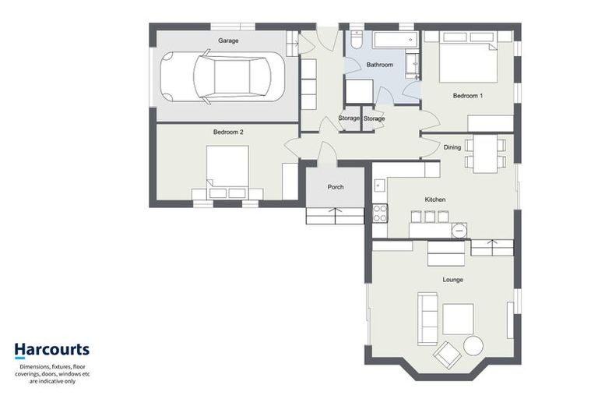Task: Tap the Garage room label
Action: tap(228, 41)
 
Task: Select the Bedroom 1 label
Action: tap(468, 96)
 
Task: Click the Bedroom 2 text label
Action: tap(228, 132)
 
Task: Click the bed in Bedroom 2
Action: tap(227, 173)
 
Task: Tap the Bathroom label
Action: tap(380, 65)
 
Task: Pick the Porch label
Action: tap(336, 187)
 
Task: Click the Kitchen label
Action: tap(434, 200)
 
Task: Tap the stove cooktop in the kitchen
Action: tap(380, 212)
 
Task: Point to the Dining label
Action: tap(452, 147)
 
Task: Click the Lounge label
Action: tap(452, 280)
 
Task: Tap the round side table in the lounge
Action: tap(473, 345)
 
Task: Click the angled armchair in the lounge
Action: tap(448, 355)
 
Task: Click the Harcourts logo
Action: tap(51, 350)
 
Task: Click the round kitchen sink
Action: tap(459, 231)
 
